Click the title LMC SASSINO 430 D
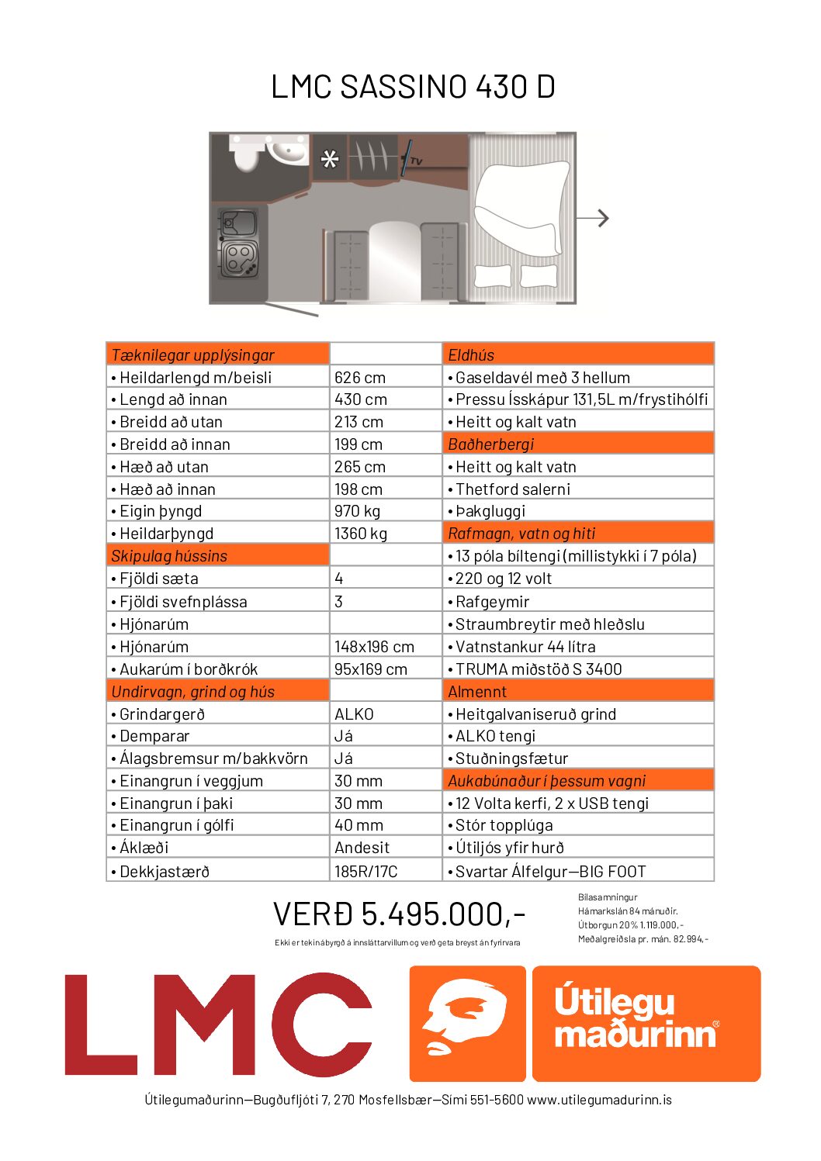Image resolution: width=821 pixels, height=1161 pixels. (x=413, y=87)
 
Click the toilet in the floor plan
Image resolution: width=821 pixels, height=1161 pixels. (x=246, y=155)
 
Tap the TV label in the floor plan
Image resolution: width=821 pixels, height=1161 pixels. (x=416, y=161)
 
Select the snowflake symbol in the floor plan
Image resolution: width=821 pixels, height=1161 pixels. (x=330, y=160)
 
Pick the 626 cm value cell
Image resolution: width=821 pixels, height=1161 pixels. (x=360, y=378)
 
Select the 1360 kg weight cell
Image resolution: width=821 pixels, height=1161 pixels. (x=361, y=534)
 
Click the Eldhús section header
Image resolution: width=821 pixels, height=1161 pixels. (x=471, y=355)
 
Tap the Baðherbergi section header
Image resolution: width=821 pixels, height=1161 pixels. (x=491, y=444)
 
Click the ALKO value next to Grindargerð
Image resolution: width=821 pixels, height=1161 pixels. (x=354, y=714)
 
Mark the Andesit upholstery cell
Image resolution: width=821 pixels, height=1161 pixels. (x=362, y=848)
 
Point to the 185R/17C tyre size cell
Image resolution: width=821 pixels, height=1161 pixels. (x=365, y=872)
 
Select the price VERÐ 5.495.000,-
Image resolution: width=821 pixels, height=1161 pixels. (x=399, y=914)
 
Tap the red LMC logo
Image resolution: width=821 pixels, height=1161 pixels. (x=218, y=1025)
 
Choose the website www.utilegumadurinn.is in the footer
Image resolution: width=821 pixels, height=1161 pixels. (x=599, y=1100)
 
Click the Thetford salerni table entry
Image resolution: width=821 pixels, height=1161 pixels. (x=513, y=489)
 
